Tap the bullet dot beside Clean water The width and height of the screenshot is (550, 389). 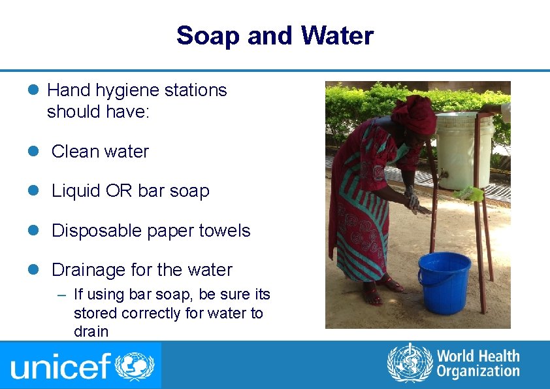[x=37, y=152]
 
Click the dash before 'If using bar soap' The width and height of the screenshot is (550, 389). [x=61, y=296]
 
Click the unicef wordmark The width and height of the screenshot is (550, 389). [x=60, y=366]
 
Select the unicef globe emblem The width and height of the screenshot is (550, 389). [x=135, y=365]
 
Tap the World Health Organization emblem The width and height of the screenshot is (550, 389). [x=410, y=364]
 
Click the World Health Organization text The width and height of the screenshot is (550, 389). [x=477, y=364]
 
